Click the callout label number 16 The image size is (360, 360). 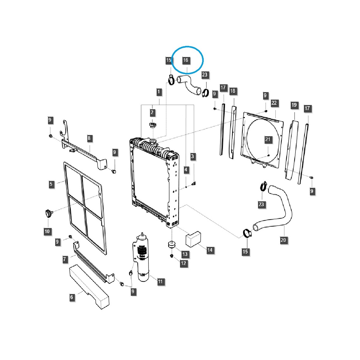[x=186, y=60]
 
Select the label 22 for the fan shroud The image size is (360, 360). [x=274, y=103]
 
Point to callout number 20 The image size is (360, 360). [x=283, y=240]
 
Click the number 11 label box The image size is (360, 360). [x=160, y=281]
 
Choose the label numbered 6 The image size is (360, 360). [x=71, y=297]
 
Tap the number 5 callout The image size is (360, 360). [x=51, y=184]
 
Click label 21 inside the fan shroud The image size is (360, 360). [x=268, y=139]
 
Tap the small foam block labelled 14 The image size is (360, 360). [x=193, y=238]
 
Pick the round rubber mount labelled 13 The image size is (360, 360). [x=171, y=244]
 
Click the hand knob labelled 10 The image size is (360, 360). [x=48, y=214]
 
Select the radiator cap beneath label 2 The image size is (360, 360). [x=152, y=124]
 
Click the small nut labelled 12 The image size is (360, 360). [x=172, y=256]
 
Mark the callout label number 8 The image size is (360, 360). [x=89, y=138]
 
